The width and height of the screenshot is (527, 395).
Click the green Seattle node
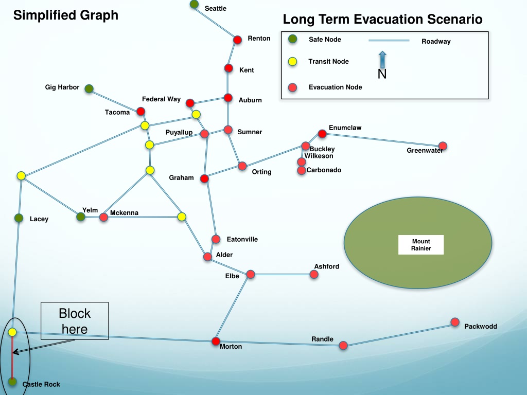pos(194,4)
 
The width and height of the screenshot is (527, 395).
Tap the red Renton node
pos(237,40)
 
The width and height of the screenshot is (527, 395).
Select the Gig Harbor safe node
pos(89,88)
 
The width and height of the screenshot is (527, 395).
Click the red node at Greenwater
pos(443,146)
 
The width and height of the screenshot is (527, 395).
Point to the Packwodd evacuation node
pos(455,322)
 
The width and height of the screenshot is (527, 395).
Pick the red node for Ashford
pos(314,275)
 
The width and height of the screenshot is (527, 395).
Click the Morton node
pos(216,342)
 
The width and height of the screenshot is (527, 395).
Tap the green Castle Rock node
pos(12,382)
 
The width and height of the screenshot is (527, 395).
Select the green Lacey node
pos(19,218)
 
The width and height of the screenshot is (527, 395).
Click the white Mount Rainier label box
pos(421,245)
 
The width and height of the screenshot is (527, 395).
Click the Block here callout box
pos(75,321)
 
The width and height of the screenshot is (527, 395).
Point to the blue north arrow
pos(382,60)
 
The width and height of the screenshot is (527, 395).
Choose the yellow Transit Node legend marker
pos(293,62)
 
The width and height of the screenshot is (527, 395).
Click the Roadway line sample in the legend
pos(389,40)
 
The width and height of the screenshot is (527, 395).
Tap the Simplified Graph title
pos(66,15)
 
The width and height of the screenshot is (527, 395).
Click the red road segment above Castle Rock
pos(12,357)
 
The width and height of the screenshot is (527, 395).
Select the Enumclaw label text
pos(345,128)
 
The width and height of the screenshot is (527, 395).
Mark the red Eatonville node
pos(216,239)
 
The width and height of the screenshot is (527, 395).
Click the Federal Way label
pos(161,99)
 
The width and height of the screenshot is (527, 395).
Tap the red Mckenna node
pos(103,218)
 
